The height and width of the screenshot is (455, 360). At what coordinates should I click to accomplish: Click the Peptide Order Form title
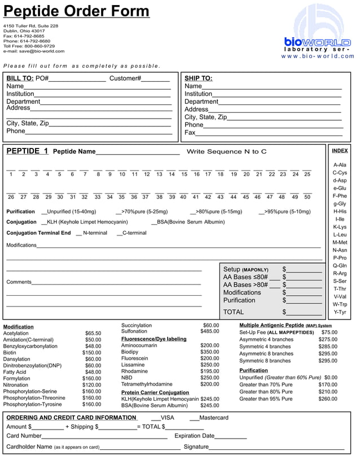click(77, 12)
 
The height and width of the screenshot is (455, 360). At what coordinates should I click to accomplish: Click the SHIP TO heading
click(199, 78)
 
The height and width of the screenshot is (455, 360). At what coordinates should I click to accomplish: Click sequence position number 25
click(307, 174)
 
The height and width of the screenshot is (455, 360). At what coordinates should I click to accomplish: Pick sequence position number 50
click(307, 197)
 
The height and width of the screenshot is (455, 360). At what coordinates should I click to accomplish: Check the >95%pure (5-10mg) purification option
click(262, 212)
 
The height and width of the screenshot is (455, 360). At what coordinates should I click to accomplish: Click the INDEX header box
click(340, 151)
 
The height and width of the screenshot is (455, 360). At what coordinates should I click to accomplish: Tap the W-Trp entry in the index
click(340, 304)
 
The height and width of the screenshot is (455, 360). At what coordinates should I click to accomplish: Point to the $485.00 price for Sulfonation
click(210, 331)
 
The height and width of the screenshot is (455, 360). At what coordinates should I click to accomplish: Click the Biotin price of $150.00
click(92, 353)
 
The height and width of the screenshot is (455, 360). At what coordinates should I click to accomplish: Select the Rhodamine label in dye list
click(134, 371)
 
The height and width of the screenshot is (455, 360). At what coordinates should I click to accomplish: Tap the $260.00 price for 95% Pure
click(327, 399)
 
